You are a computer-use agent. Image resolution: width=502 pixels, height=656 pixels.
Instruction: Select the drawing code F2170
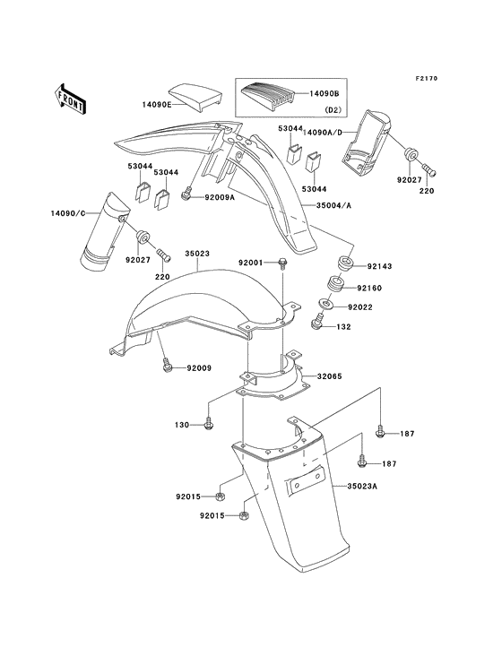coord(454,79)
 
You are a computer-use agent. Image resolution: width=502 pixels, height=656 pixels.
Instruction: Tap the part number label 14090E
coord(155,103)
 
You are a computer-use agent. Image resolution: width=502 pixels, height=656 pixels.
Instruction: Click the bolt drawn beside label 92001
coord(282,263)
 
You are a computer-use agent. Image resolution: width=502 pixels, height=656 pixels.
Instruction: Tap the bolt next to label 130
coord(209,422)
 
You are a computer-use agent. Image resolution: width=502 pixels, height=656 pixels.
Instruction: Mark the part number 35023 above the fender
coord(197,254)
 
